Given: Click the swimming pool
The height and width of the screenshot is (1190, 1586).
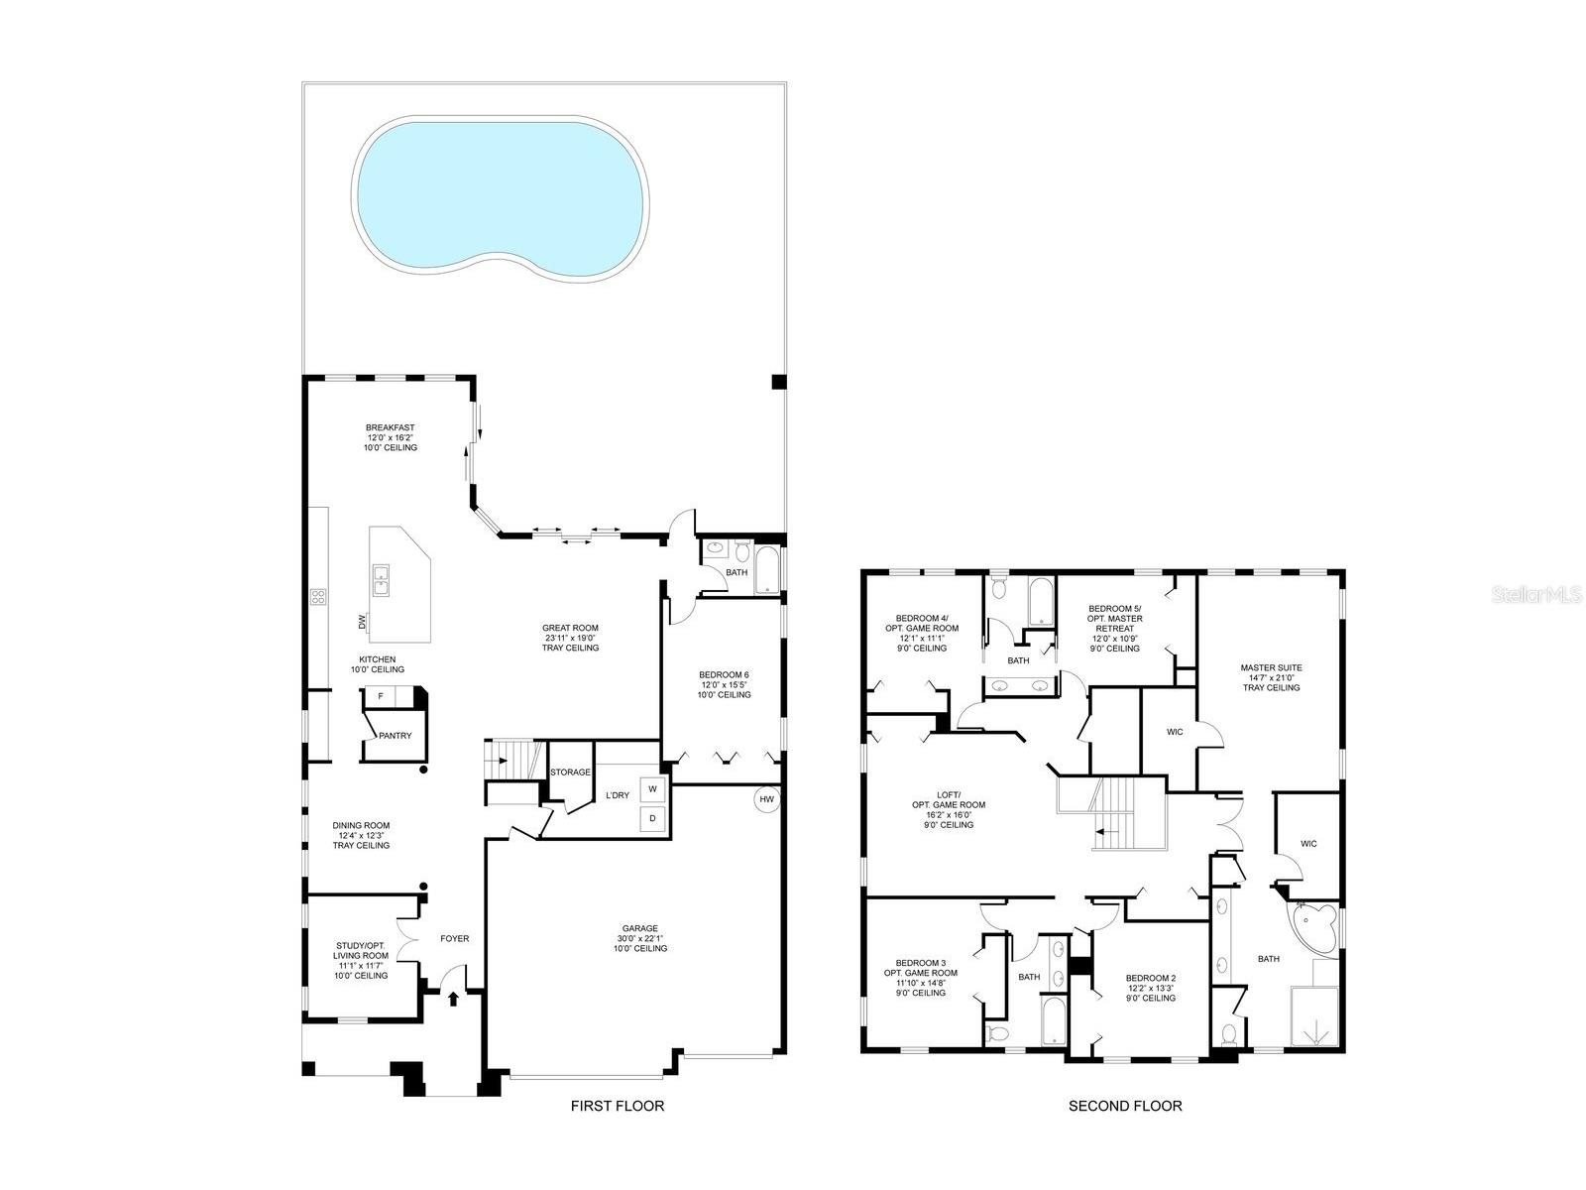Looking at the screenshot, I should coord(501,198).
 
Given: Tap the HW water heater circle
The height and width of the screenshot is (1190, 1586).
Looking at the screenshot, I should coord(766,799).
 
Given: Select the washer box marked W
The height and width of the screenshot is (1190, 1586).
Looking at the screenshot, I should coord(652,789).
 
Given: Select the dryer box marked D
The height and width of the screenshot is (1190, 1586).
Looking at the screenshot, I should coord(652,819).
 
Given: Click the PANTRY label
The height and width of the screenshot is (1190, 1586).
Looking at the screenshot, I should coord(395,736).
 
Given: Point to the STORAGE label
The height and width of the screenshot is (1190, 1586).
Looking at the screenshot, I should coord(570,773).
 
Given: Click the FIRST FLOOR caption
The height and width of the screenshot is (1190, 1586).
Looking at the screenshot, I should coord(617,1106).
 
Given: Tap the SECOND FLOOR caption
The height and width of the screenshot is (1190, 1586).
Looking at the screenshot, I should coord(1124,1106).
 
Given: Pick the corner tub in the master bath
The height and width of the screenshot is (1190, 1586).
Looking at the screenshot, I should coord(1313,926).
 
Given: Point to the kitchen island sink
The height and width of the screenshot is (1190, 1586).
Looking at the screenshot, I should coord(381,579).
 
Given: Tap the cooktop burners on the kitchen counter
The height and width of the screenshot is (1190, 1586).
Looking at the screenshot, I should coord(318,596).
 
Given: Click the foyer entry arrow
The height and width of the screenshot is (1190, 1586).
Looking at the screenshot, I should coord(454,998).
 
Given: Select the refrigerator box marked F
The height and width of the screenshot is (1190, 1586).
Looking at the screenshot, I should coord(381,697).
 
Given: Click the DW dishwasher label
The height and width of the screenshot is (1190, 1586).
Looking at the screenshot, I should coord(363,622).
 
